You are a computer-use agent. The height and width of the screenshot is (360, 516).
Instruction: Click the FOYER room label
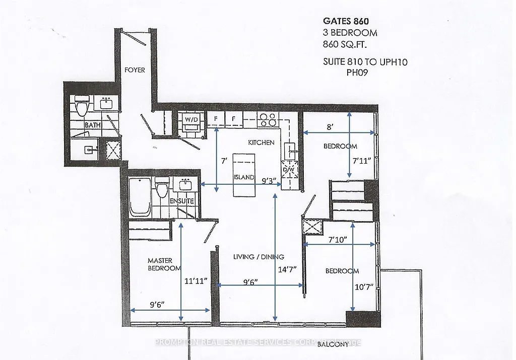(x=135, y=70)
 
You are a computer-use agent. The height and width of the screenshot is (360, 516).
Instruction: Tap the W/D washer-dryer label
(x=191, y=119)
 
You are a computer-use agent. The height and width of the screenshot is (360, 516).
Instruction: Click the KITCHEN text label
(x=261, y=142)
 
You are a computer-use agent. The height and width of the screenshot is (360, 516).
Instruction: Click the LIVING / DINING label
(x=259, y=256)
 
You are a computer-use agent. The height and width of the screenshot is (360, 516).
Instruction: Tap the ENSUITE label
(x=182, y=201)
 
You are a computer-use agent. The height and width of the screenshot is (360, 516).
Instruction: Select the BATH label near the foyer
(x=93, y=125)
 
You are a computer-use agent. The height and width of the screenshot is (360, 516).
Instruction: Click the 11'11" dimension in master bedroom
(x=196, y=281)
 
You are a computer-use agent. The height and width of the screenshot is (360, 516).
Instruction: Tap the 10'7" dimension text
(x=363, y=287)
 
